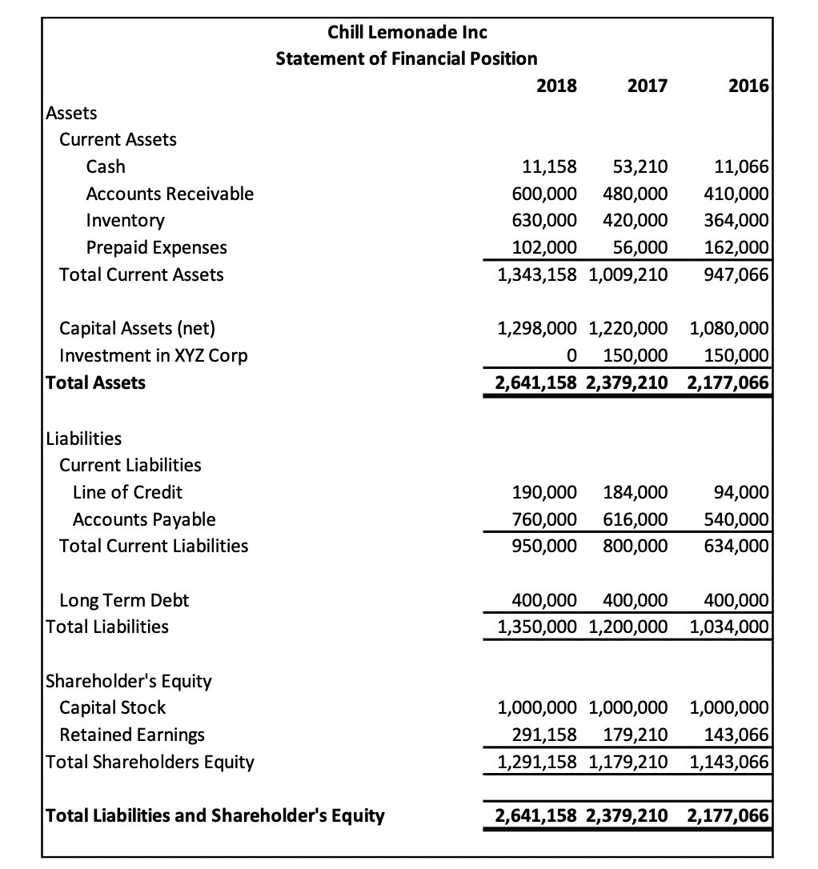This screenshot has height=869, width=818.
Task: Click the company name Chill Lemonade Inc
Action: coord(407,32)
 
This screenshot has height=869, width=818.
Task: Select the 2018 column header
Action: coord(556,86)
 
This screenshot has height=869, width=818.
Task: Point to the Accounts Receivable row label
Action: coord(170,194)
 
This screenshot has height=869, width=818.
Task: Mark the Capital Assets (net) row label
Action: coord(138,327)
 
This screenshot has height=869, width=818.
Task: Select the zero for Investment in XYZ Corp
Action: coord(571,354)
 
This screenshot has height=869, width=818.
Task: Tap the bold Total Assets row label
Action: coord(96,382)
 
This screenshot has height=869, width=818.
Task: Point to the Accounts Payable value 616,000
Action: coord(635,519)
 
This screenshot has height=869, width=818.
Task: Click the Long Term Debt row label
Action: coord(125,599)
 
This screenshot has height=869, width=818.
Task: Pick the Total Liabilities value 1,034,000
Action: coord(728,627)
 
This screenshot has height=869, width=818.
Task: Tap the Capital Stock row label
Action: coord(113,707)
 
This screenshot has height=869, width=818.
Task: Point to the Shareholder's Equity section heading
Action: coord(129,681)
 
